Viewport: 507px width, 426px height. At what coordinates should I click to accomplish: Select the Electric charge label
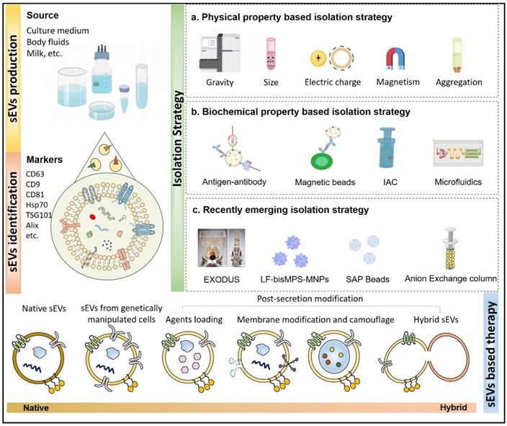pos(331,82)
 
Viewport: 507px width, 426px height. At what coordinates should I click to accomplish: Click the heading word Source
pos(43,15)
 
